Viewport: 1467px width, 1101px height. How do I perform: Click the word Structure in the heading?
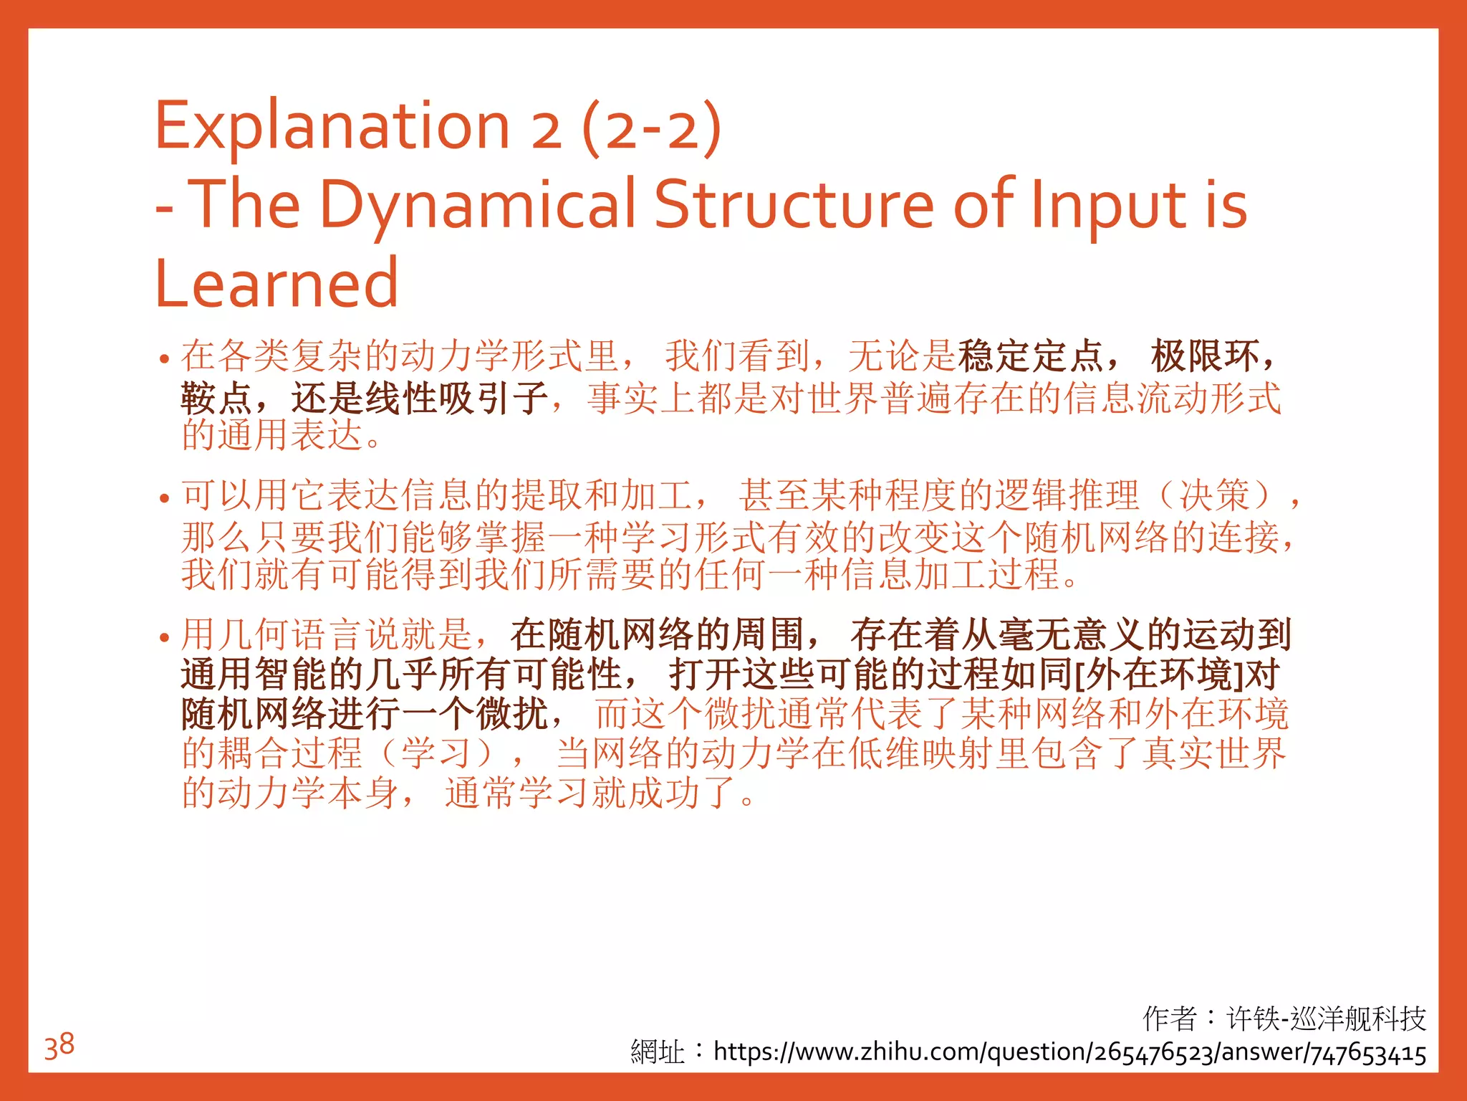click(794, 205)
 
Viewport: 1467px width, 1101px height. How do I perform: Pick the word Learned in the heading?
click(276, 284)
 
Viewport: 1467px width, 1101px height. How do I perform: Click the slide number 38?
click(59, 1045)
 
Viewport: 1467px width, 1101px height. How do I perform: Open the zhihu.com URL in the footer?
click(1069, 1052)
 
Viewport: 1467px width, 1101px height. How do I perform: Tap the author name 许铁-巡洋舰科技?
click(1326, 1018)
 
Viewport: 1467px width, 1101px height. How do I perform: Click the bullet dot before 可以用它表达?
click(165, 497)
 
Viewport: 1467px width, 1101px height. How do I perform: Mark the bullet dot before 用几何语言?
click(165, 637)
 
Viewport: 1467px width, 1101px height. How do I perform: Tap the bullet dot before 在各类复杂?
click(165, 358)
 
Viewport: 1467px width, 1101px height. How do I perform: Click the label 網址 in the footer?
click(657, 1052)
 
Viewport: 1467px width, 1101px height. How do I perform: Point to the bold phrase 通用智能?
click(254, 675)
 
